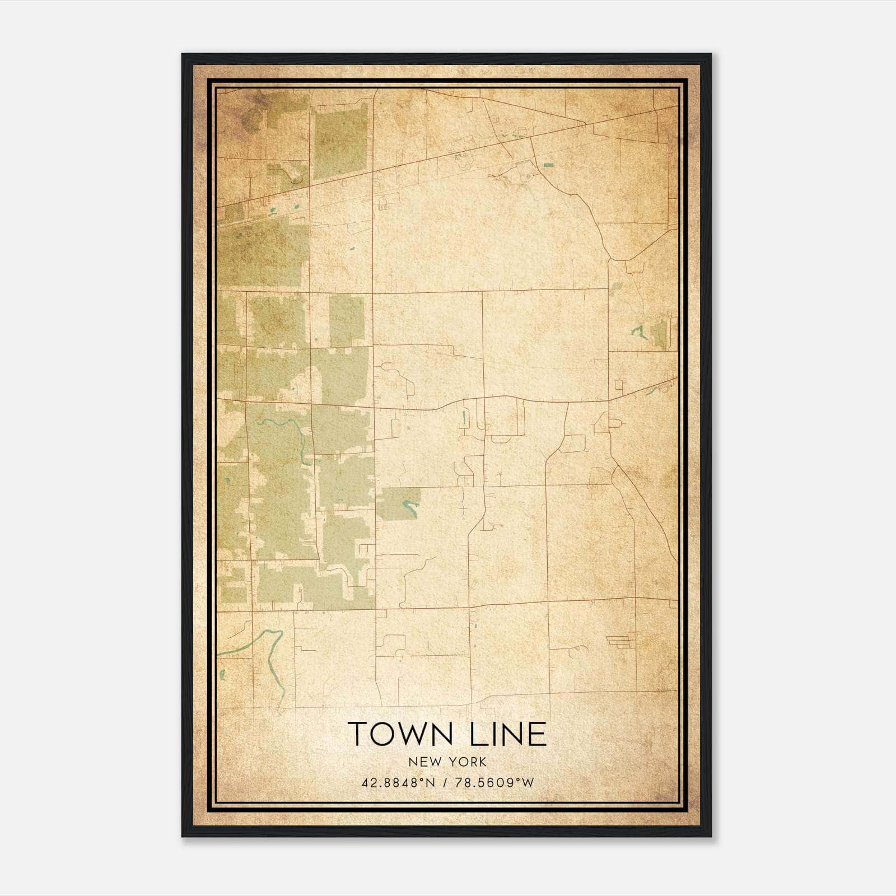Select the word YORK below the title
point(466,762)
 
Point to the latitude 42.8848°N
point(398,783)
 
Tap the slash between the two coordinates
point(445,783)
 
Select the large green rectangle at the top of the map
point(339,140)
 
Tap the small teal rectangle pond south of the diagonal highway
point(547,165)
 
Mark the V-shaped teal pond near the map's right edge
point(638,333)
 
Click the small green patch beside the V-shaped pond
point(659,334)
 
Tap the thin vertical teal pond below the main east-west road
point(464,417)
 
